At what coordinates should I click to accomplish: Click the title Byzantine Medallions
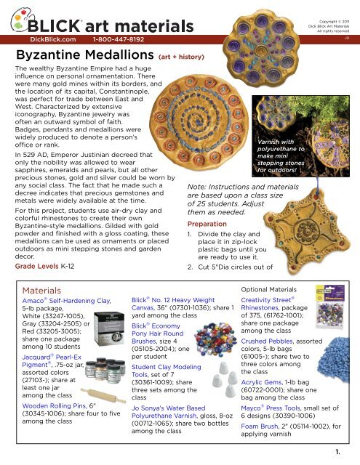[81, 55]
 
